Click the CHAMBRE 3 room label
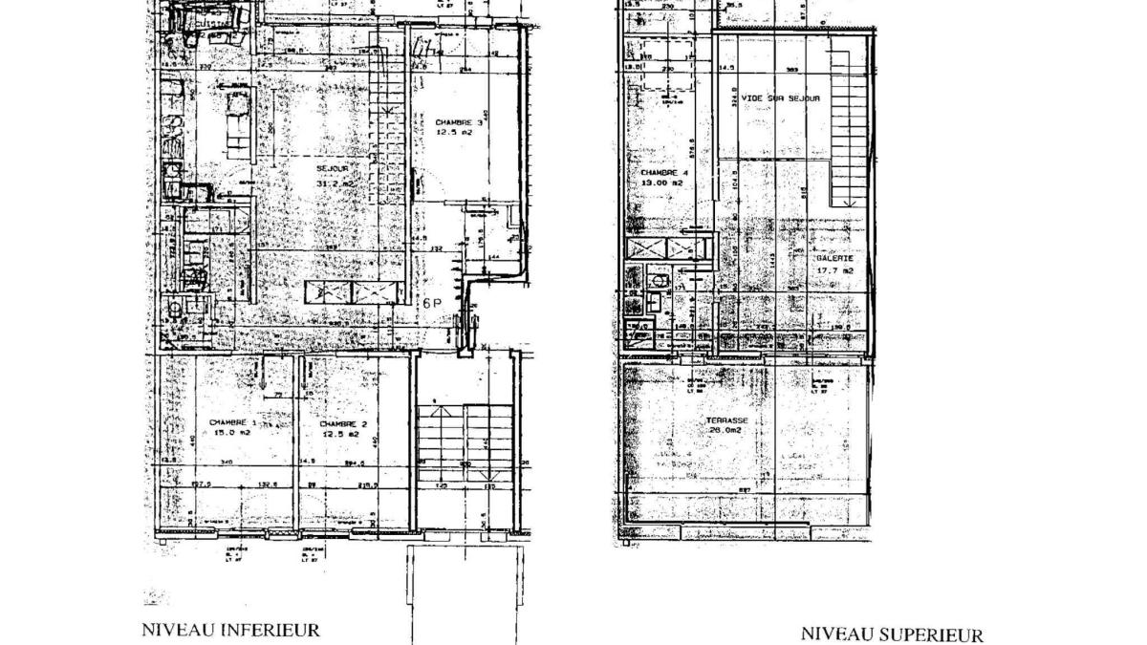coord(460,123)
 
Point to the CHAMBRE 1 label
coord(233,422)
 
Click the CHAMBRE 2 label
coord(339,423)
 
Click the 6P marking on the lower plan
coord(433,304)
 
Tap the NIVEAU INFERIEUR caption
coord(230,630)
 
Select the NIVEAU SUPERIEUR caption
coord(891,634)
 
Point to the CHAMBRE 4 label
coord(657,172)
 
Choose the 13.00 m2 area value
coord(657,182)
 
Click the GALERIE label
coord(833,259)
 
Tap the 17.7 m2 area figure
coord(833,269)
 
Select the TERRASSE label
coord(727,420)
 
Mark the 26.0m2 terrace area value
coord(727,430)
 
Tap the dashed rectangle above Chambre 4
coord(666,67)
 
